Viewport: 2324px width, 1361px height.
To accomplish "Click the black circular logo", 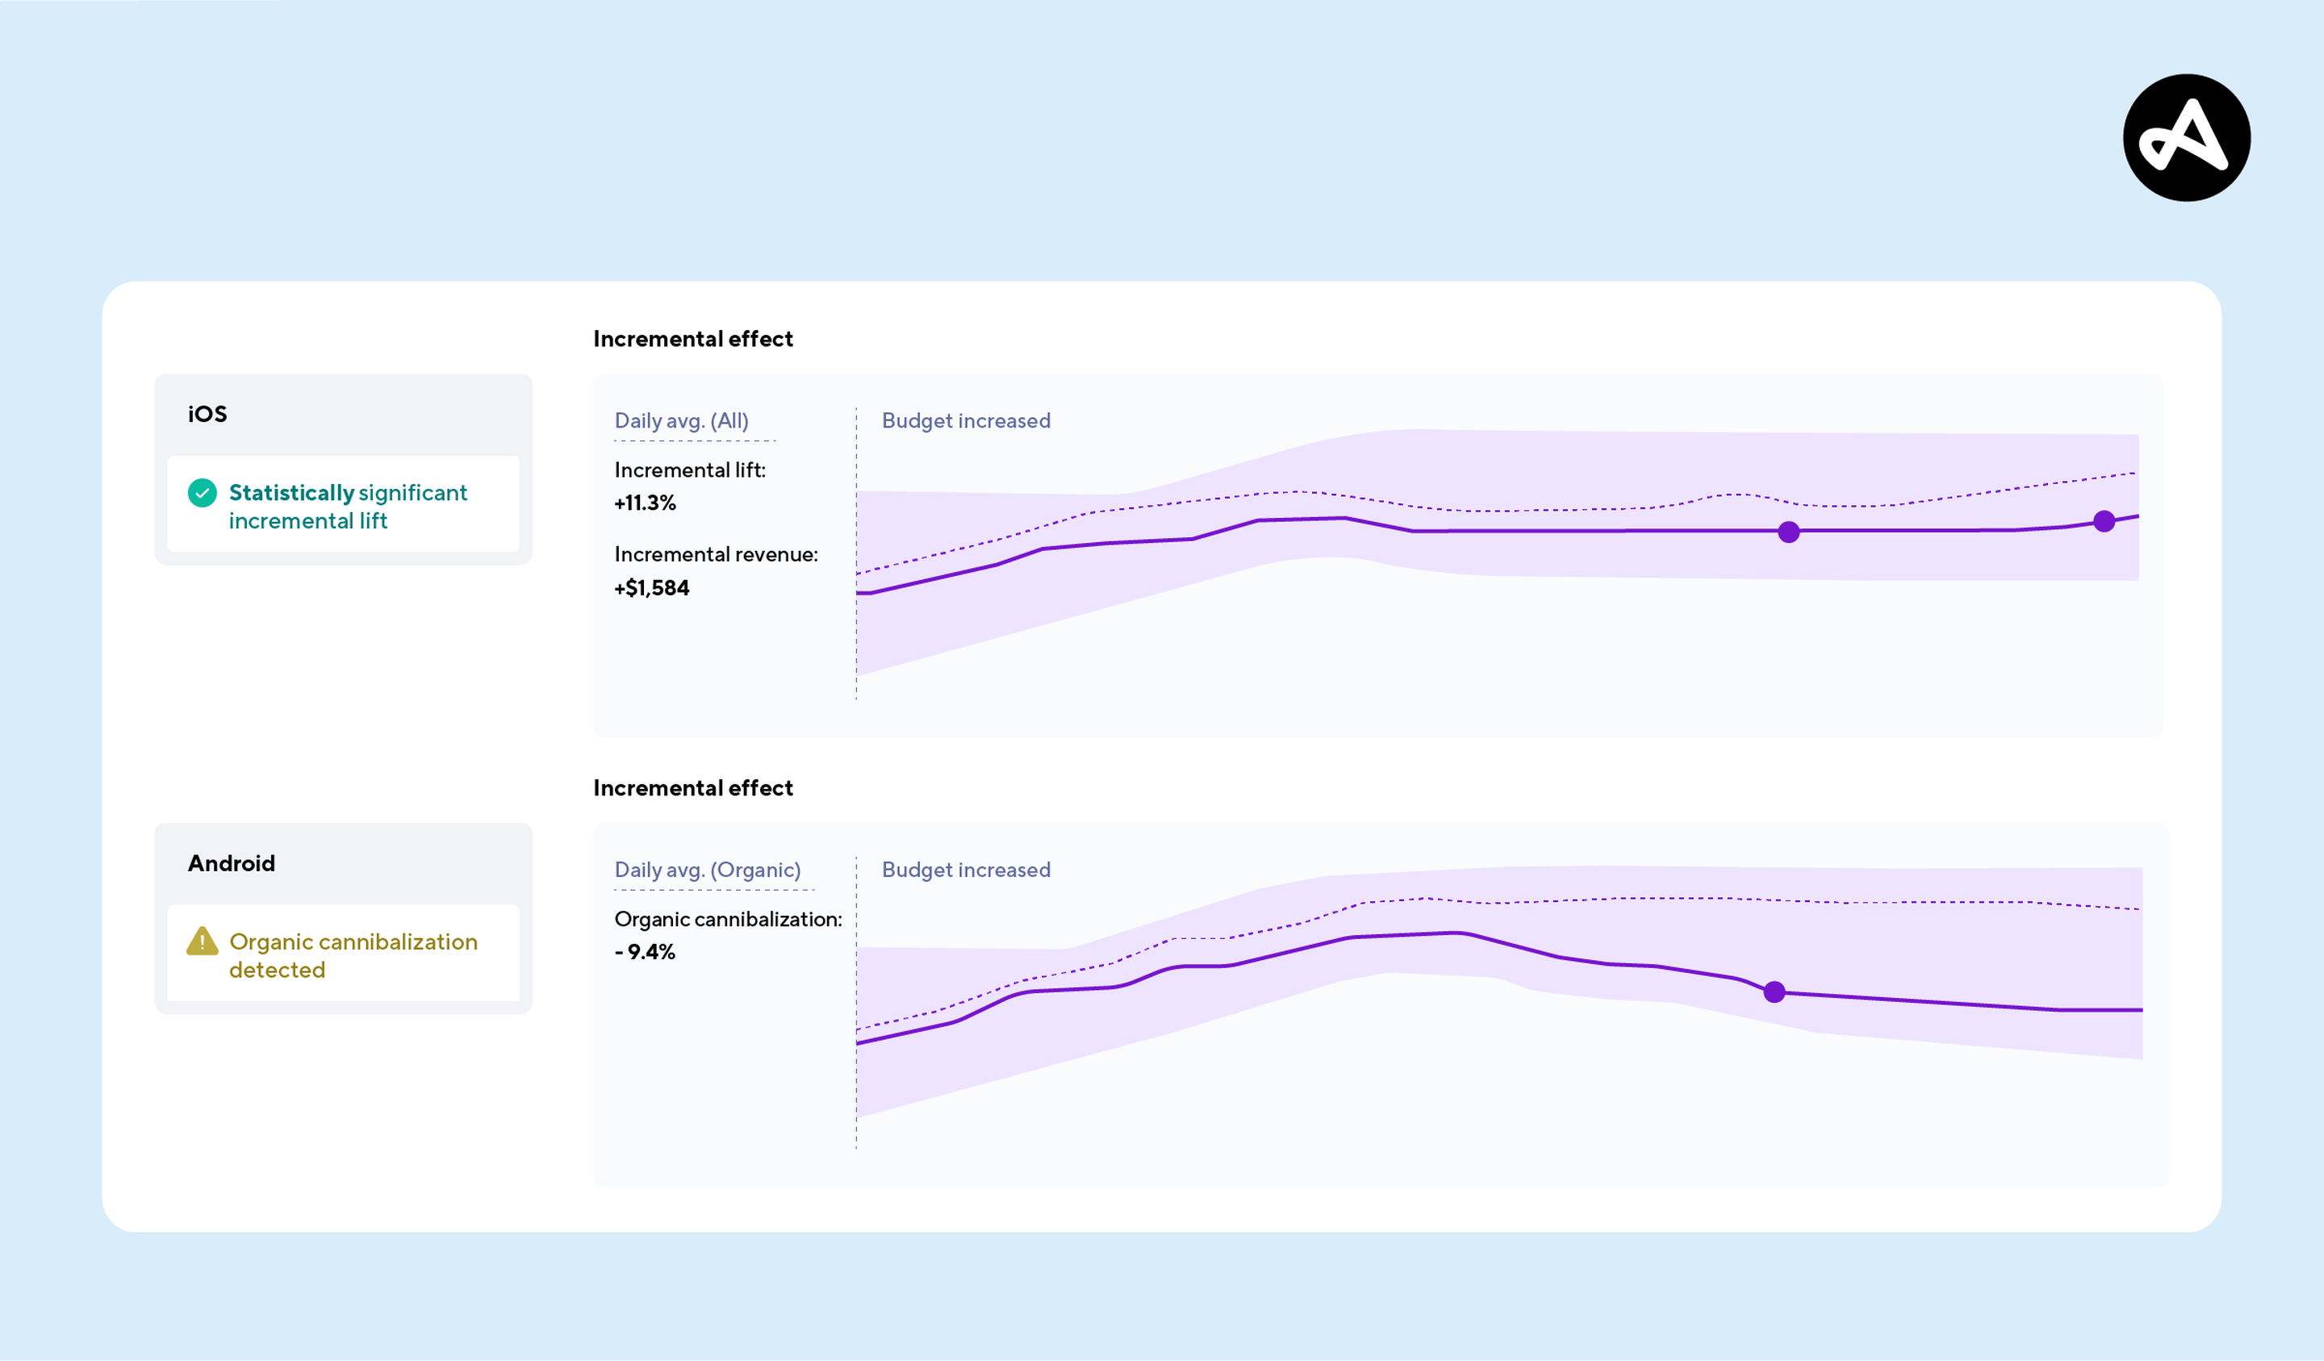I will pos(2186,137).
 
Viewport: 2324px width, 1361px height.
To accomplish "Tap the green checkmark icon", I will pos(202,493).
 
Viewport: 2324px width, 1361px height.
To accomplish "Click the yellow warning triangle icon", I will pos(202,941).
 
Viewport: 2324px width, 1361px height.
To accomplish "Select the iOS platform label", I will pos(207,414).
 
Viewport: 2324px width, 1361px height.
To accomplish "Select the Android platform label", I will pos(232,863).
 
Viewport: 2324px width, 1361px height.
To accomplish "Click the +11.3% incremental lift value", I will pos(645,503).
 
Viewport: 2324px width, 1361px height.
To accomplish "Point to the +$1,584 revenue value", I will pos(651,587).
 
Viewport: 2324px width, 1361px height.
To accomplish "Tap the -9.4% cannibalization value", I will pos(645,952).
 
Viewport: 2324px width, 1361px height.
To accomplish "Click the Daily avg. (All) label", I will pos(682,420).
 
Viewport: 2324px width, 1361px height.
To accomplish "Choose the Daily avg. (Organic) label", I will pos(708,870).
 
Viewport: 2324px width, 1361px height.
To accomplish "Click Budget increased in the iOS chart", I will pos(966,420).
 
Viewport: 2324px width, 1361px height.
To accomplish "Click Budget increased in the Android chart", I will pos(966,870).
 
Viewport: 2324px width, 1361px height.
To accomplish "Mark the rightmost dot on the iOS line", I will pos(2104,522).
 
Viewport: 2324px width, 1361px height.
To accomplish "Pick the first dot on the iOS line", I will pos(1788,532).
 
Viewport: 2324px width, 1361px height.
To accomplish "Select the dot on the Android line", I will pos(1774,992).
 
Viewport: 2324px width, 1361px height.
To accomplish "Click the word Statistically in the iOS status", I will pos(291,493).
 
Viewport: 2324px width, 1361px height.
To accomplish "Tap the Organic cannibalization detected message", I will pos(353,955).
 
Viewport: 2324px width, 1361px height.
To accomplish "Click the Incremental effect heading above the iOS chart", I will pos(692,340).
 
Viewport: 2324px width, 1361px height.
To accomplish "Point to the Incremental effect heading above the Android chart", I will pos(692,788).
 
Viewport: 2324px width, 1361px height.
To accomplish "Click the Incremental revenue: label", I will pos(716,554).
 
